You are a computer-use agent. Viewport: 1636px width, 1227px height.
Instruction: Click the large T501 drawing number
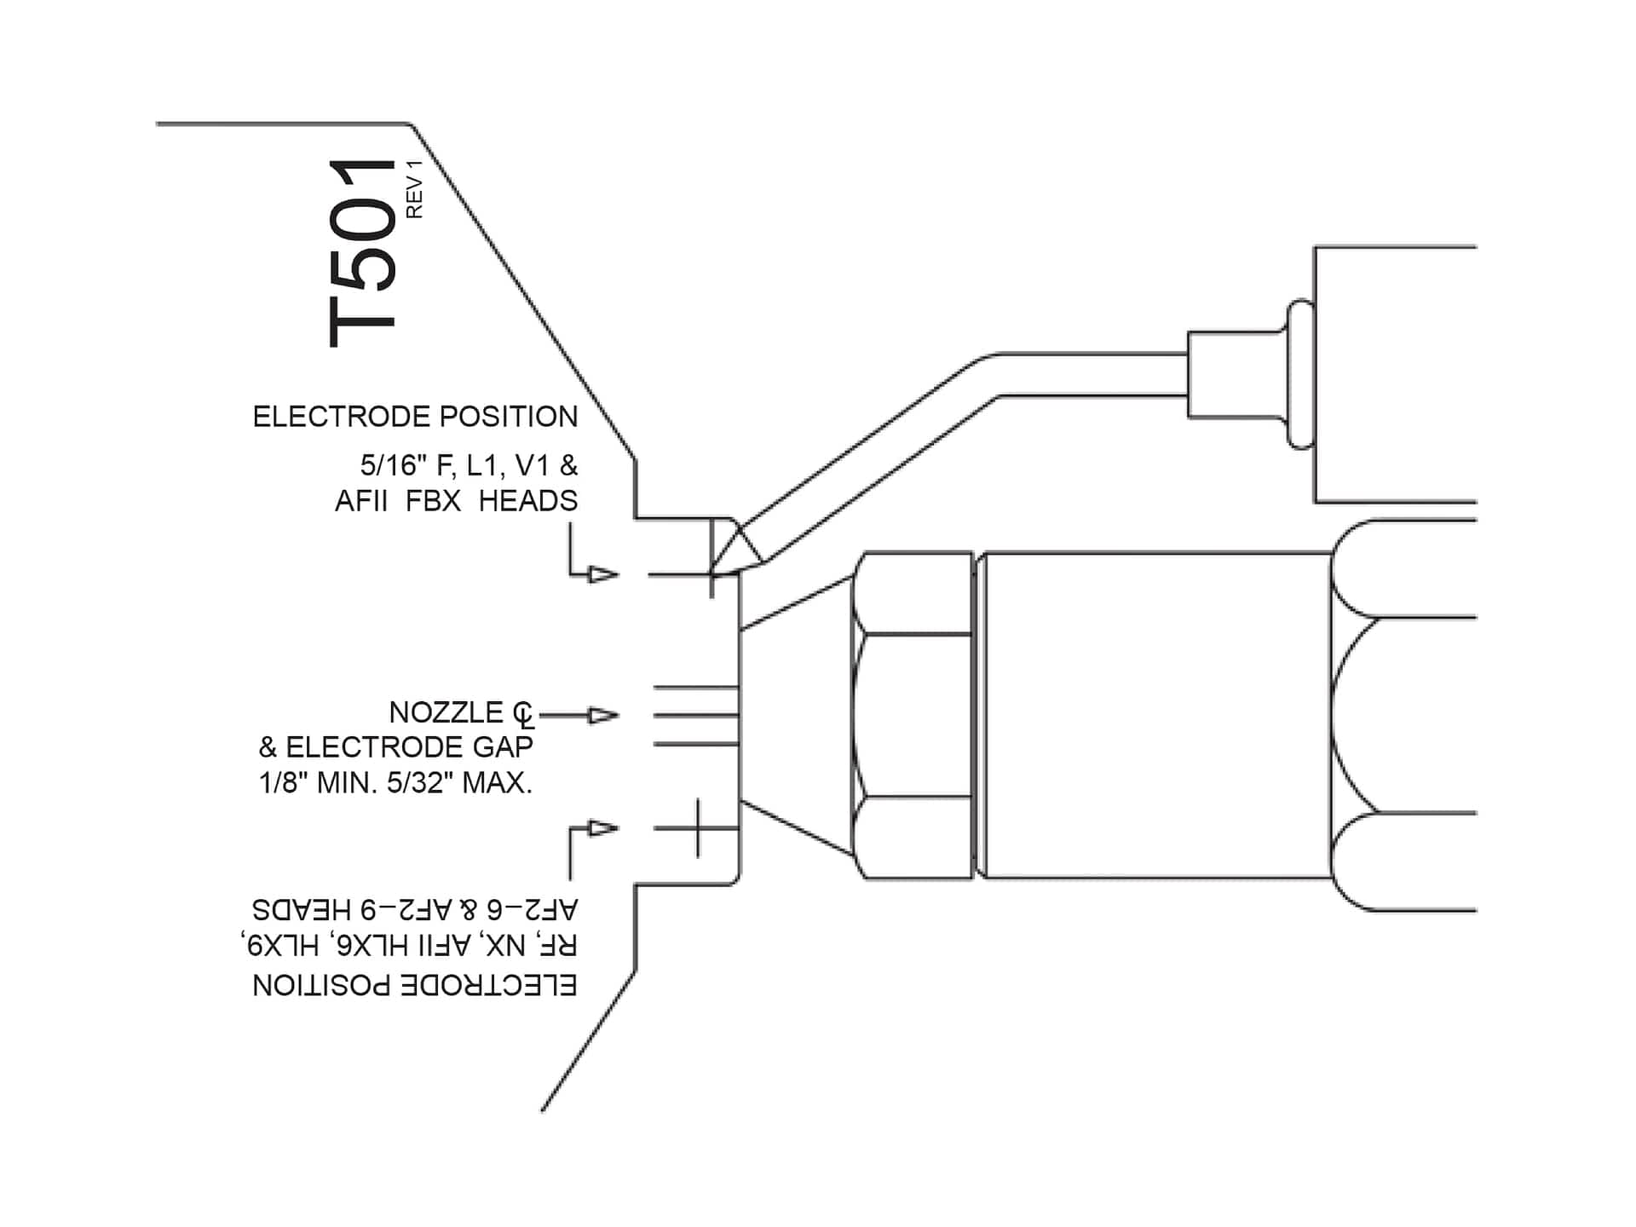(x=363, y=253)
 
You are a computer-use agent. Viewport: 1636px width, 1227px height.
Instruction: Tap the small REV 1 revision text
(x=415, y=189)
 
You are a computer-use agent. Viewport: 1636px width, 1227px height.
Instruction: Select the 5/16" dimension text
(x=392, y=466)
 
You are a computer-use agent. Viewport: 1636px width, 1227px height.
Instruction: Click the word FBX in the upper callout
(x=433, y=501)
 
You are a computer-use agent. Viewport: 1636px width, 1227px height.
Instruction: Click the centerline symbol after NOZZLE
(x=524, y=716)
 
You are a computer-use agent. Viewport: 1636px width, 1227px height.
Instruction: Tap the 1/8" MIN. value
(x=319, y=783)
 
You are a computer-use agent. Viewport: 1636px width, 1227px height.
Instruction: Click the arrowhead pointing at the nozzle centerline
(x=603, y=716)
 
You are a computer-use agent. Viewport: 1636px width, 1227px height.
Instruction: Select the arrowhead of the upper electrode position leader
(x=603, y=575)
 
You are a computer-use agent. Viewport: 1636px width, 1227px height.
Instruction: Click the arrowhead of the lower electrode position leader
(x=603, y=828)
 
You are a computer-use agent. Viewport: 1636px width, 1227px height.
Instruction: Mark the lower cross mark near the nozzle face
(x=698, y=827)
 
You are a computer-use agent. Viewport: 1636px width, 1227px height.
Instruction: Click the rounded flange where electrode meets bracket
(x=1299, y=373)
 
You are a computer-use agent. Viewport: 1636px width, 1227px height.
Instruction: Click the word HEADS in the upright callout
(x=527, y=501)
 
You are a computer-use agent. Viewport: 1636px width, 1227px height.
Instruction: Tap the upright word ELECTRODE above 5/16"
(x=342, y=417)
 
